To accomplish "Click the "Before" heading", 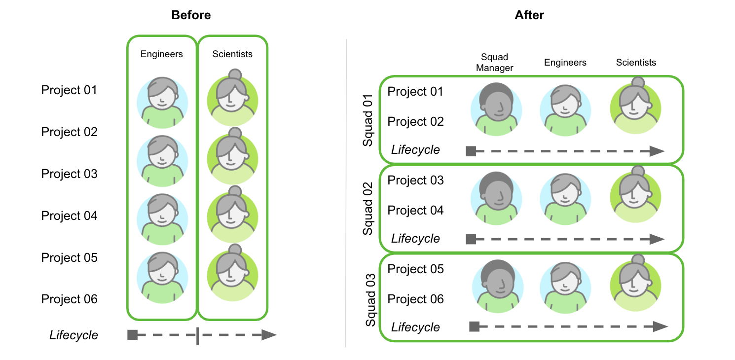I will pyautogui.click(x=191, y=15).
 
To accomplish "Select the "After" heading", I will pyautogui.click(x=529, y=15).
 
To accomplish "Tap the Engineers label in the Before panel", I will pyautogui.click(x=162, y=54).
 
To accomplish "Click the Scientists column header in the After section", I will pyautogui.click(x=636, y=63).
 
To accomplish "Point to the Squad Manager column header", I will pyautogui.click(x=494, y=63).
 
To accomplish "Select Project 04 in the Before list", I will pyautogui.click(x=69, y=216).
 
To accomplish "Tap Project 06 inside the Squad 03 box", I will pyautogui.click(x=415, y=299).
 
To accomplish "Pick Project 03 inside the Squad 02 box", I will pyautogui.click(x=415, y=180).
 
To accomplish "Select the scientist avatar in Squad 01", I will pyautogui.click(x=636, y=106).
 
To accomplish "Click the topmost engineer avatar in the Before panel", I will pyautogui.click(x=162, y=102).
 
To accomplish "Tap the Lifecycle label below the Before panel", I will pyautogui.click(x=73, y=335).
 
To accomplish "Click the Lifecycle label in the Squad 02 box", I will pyautogui.click(x=415, y=239).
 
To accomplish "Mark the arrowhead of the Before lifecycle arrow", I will pyautogui.click(x=269, y=335).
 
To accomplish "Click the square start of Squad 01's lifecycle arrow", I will pyautogui.click(x=471, y=151).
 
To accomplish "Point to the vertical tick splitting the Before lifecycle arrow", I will pyautogui.click(x=197, y=335).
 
